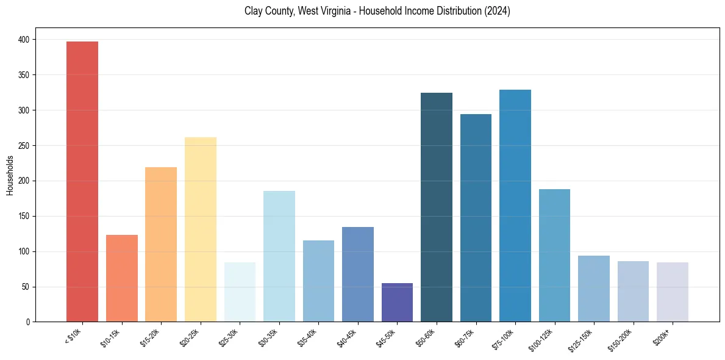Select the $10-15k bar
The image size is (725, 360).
click(x=122, y=278)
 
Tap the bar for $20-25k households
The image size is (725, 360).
click(x=201, y=229)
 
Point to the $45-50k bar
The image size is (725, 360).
click(x=397, y=302)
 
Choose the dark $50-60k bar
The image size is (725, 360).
click(x=437, y=207)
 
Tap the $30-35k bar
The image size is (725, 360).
click(x=279, y=256)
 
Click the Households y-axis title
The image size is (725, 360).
click(x=10, y=175)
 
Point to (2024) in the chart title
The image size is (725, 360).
click(x=497, y=11)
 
